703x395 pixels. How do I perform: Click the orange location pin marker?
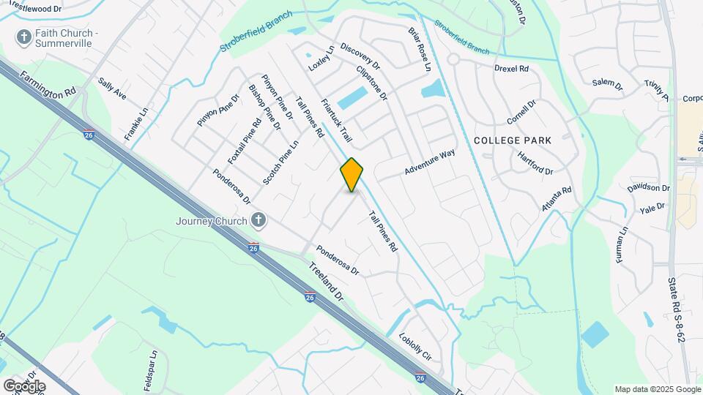352,175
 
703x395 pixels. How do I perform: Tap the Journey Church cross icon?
257,219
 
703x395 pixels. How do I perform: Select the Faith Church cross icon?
23,37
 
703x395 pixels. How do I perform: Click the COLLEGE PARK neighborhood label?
522,139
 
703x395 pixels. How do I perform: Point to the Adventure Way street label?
430,163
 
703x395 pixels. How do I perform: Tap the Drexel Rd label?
511,69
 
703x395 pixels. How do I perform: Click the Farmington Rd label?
48,85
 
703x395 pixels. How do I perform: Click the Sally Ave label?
112,91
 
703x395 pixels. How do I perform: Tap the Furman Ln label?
622,246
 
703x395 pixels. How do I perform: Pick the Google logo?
24,385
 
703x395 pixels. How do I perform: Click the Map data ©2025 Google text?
658,389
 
